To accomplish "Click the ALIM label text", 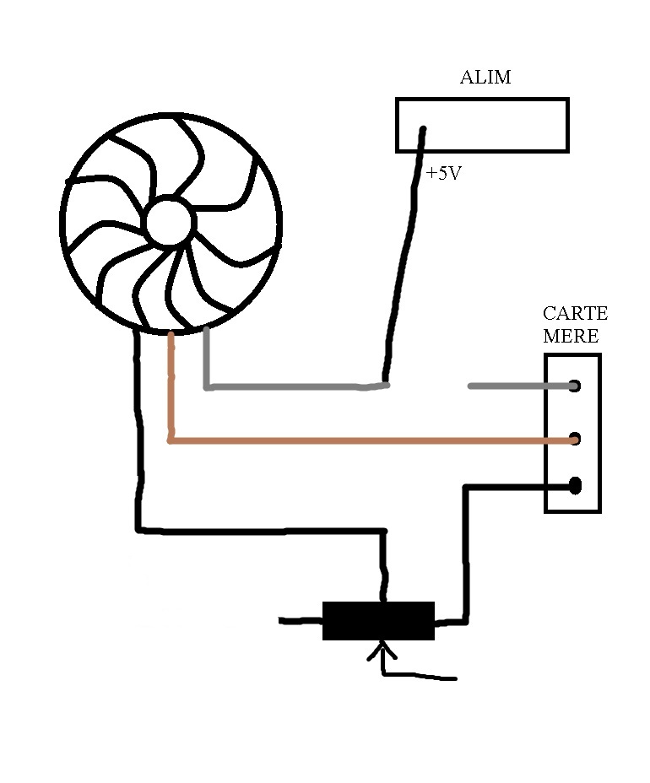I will click(x=485, y=78).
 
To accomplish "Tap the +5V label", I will click(x=443, y=174).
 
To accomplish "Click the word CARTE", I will click(x=575, y=314).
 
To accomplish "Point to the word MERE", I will click(x=571, y=336).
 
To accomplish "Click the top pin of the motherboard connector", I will click(x=575, y=386).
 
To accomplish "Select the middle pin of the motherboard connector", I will click(x=575, y=439).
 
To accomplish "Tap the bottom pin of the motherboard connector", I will click(x=575, y=485).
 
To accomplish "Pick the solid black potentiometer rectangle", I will click(x=378, y=621).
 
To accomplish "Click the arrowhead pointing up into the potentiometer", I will click(x=382, y=651).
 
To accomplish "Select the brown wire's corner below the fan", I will click(x=171, y=440).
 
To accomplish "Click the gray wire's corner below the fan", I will click(x=208, y=386).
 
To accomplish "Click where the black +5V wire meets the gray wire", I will click(x=386, y=385).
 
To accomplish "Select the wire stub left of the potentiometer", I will click(x=301, y=622).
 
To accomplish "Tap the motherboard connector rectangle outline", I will click(x=599, y=433).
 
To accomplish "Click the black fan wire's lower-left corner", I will click(x=138, y=530).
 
